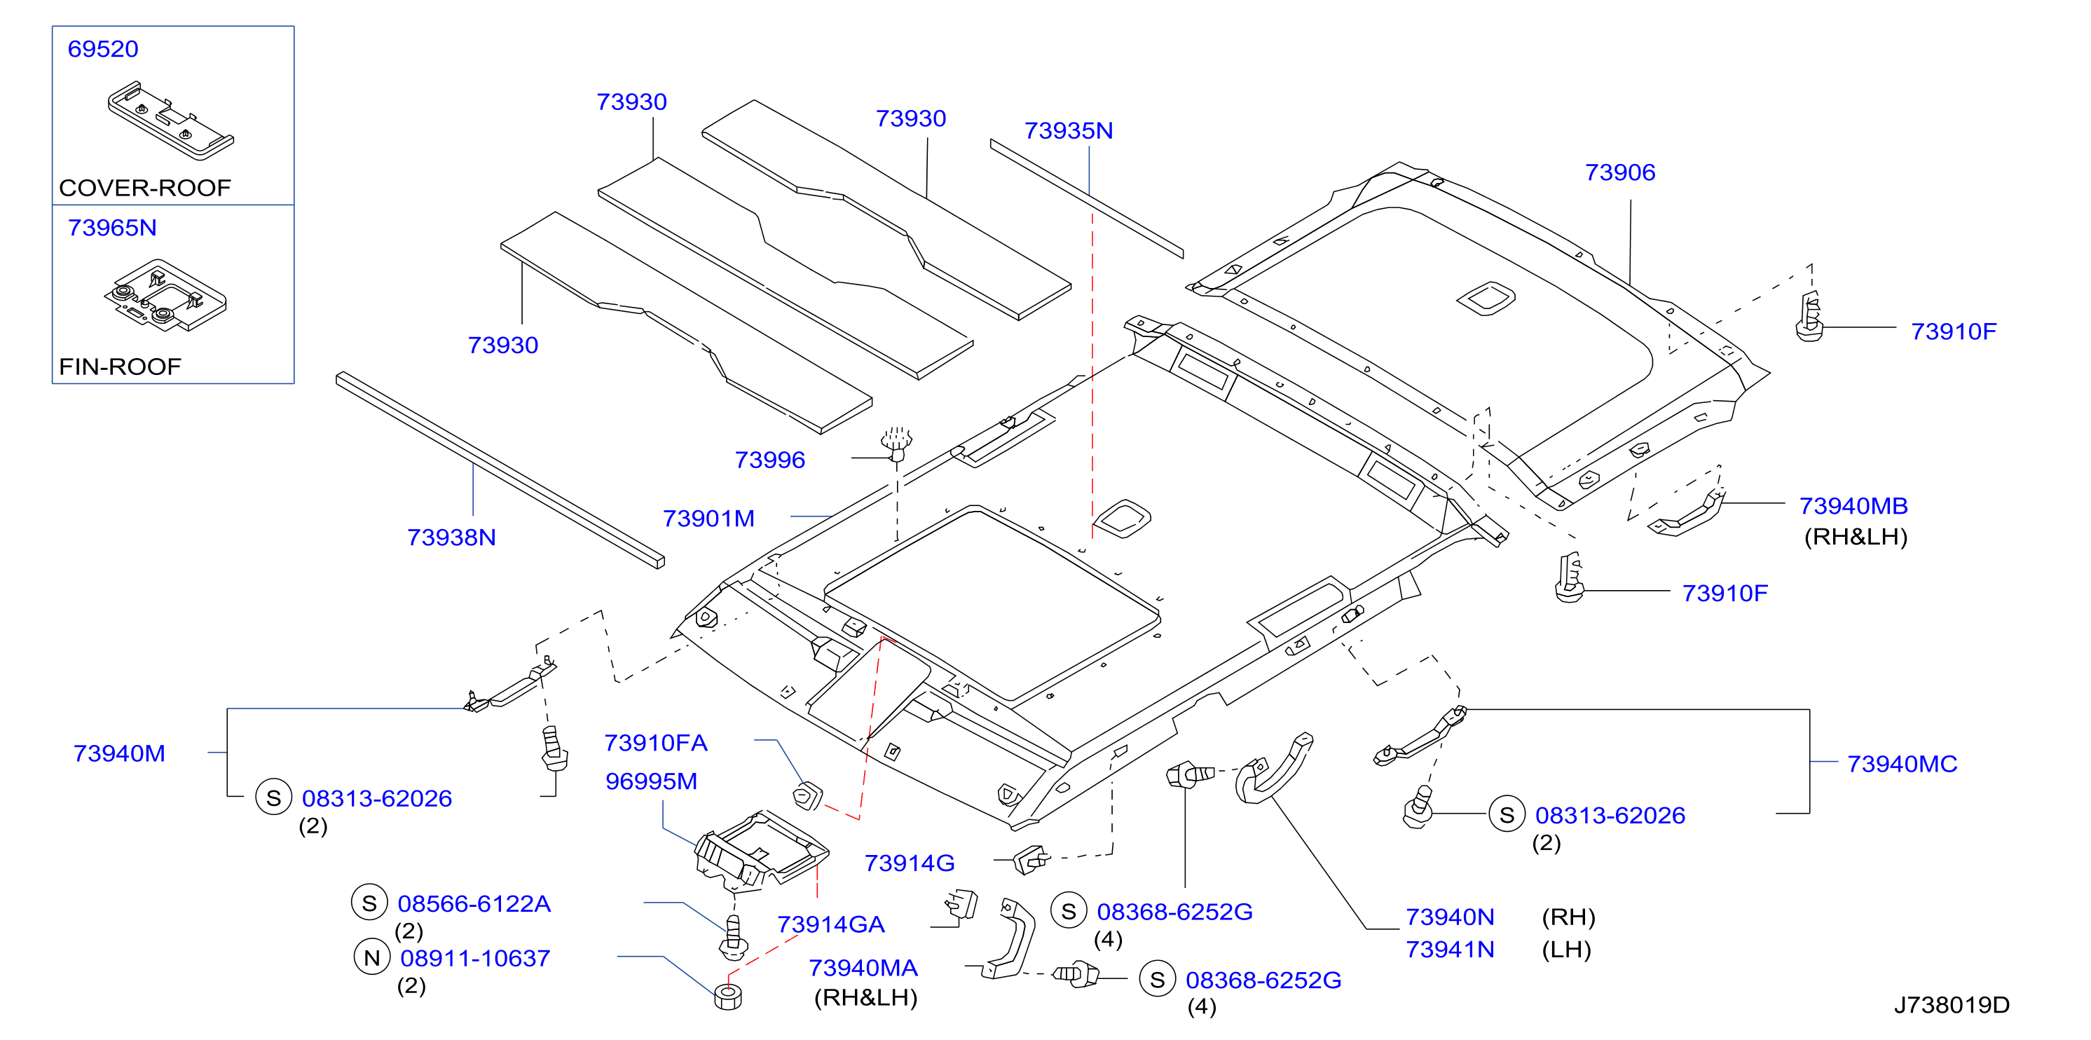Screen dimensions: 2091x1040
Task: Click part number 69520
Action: [103, 49]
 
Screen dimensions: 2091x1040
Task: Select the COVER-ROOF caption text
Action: [145, 188]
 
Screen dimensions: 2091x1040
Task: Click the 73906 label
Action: [1620, 172]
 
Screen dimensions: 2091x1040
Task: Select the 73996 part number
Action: [769, 460]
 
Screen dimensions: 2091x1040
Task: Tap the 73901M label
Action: [708, 518]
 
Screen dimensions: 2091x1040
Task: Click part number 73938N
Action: [451, 538]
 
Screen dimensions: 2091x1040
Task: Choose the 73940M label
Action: [119, 753]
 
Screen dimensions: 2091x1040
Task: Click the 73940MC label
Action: [1902, 764]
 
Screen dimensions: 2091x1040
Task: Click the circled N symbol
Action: [372, 957]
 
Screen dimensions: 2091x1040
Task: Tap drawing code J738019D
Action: [1952, 1005]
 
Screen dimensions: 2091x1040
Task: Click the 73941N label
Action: [1450, 949]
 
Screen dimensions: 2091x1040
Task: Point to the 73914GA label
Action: [831, 924]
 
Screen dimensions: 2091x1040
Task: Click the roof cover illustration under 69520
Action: [170, 118]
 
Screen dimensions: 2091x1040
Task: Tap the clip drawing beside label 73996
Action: [896, 444]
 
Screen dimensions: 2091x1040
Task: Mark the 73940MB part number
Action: [1854, 506]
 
